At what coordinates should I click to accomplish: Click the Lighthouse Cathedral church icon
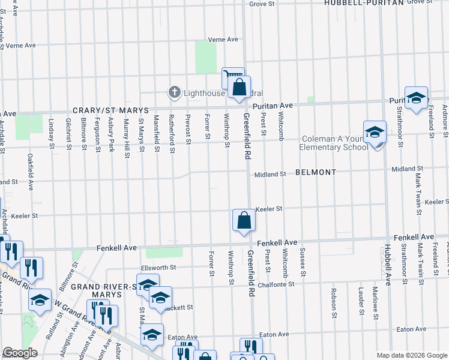tap(174, 92)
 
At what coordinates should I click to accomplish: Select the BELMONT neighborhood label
tap(316, 172)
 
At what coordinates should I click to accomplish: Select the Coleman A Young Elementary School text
tap(333, 143)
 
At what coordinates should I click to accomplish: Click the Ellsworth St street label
tap(158, 268)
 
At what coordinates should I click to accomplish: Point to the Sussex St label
tap(303, 262)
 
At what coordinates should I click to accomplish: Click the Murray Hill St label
tap(127, 137)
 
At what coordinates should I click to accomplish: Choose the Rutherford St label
tap(172, 133)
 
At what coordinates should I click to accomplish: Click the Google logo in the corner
tap(20, 353)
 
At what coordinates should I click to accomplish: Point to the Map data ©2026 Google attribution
tap(411, 355)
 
